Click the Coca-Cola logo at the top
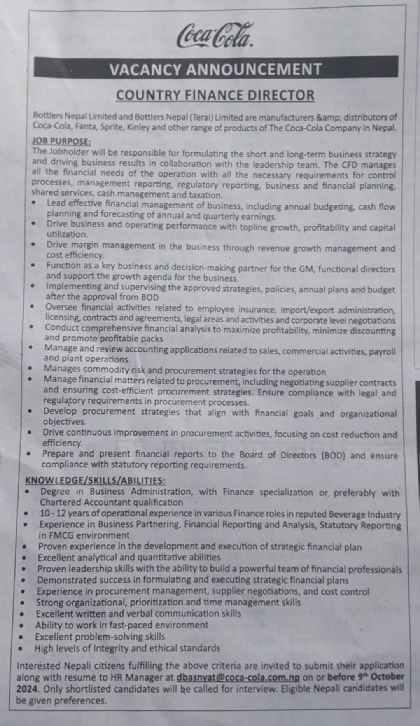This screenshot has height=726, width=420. pyautogui.click(x=215, y=36)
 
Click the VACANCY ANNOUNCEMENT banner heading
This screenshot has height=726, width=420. pyautogui.click(x=215, y=69)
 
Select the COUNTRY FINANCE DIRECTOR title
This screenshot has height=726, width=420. pyautogui.click(x=215, y=95)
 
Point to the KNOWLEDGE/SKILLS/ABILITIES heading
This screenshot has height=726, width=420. pyautogui.click(x=95, y=481)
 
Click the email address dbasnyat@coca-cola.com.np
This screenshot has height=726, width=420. pyautogui.click(x=238, y=677)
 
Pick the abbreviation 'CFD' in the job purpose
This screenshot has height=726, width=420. pyautogui.click(x=348, y=165)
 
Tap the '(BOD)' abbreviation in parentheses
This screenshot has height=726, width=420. pyautogui.click(x=333, y=455)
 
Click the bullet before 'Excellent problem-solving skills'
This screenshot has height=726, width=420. pyautogui.click(x=22, y=637)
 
